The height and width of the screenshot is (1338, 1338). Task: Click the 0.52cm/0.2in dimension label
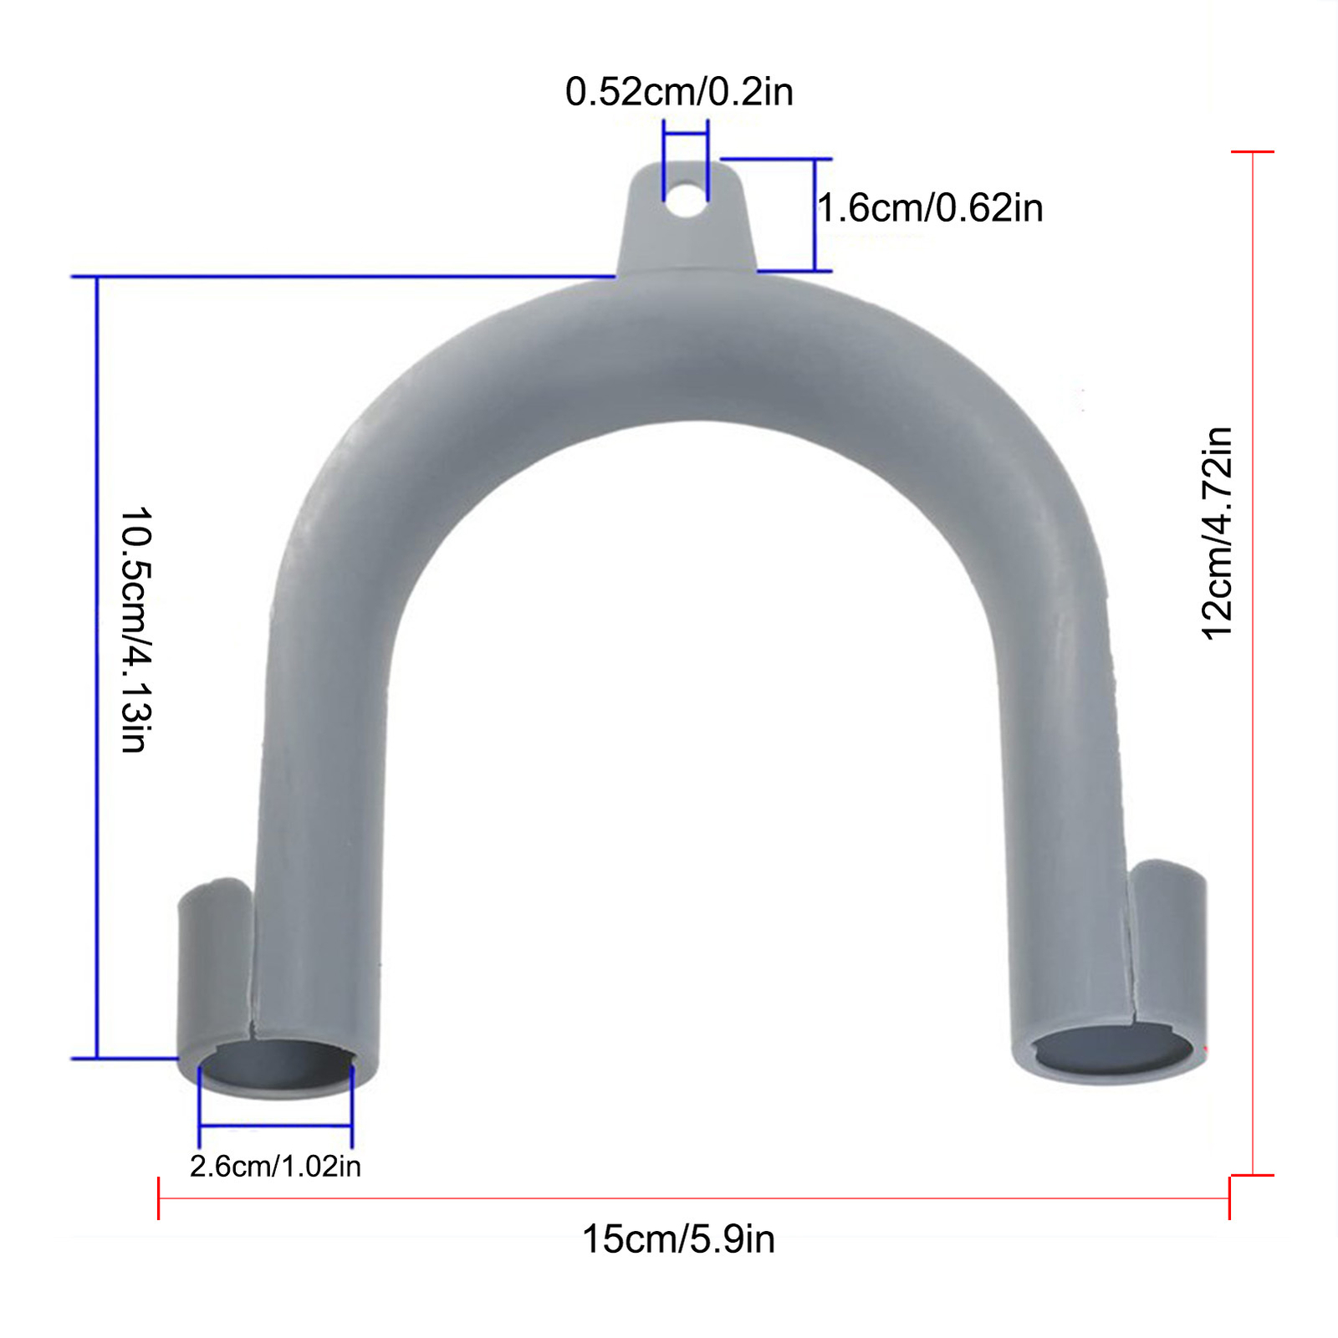[x=679, y=92]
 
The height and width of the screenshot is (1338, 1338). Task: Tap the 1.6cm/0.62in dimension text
[x=930, y=208]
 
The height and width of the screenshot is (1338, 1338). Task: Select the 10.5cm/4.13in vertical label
[x=134, y=629]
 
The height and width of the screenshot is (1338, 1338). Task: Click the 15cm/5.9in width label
[x=678, y=1239]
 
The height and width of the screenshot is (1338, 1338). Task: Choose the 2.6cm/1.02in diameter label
[x=275, y=1167]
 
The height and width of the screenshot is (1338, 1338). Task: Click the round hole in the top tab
[x=687, y=200]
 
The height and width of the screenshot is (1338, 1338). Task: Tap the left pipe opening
[x=276, y=1065]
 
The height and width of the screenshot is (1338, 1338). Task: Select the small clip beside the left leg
[x=213, y=962]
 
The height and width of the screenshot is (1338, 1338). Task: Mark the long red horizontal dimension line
[x=694, y=1198]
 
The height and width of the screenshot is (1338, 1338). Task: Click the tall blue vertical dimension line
[x=97, y=669]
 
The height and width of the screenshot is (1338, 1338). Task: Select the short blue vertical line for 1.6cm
[x=814, y=215]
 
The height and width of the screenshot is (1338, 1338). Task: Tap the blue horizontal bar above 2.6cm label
[x=276, y=1126]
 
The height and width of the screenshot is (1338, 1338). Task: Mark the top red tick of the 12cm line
[x=1253, y=152]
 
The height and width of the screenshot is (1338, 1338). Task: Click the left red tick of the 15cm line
[x=159, y=1198]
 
